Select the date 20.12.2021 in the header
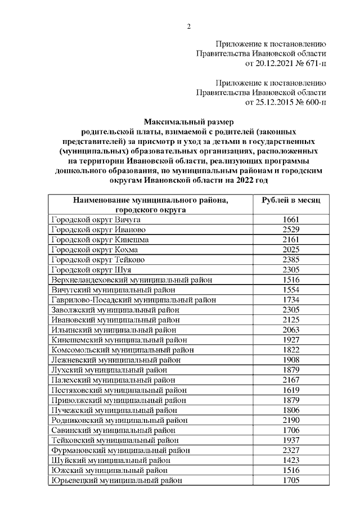274,62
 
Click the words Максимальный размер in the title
188,121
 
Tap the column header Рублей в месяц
291,200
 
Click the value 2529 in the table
291,229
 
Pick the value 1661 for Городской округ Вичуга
291,219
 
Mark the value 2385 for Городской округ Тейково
291,259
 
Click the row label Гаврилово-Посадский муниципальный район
133,300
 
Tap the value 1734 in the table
291,300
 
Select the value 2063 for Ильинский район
291,330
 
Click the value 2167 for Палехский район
291,380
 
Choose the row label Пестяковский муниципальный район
119,390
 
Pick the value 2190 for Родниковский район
291,420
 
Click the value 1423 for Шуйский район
291,460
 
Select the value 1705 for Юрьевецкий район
291,480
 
